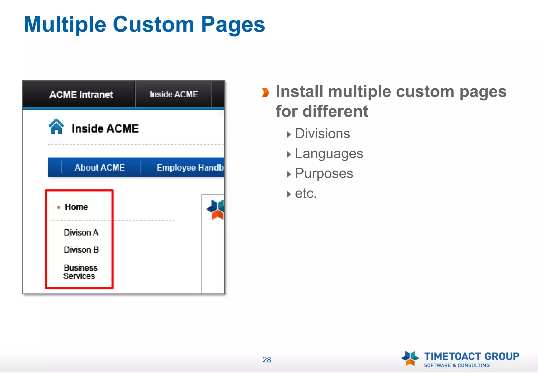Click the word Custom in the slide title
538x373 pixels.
(x=153, y=24)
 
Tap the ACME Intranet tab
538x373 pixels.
(x=81, y=94)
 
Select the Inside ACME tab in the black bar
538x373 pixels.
(x=174, y=94)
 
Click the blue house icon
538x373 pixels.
(x=56, y=127)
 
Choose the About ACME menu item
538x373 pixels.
(x=100, y=168)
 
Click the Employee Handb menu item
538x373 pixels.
(x=190, y=168)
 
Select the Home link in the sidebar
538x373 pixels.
(x=76, y=207)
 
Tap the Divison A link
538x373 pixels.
(x=81, y=233)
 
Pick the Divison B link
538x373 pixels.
(x=81, y=250)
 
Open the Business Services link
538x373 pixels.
(x=80, y=272)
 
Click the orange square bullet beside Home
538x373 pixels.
(x=58, y=207)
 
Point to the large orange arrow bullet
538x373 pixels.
(x=265, y=93)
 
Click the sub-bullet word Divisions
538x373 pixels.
(x=322, y=134)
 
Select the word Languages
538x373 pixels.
(x=329, y=154)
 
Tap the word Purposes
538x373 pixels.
(x=324, y=174)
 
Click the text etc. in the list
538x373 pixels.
(x=306, y=194)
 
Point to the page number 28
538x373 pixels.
(x=267, y=360)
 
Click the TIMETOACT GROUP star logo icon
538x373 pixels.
(x=410, y=358)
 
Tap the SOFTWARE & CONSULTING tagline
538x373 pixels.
(x=457, y=365)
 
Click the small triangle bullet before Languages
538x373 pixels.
(x=289, y=154)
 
